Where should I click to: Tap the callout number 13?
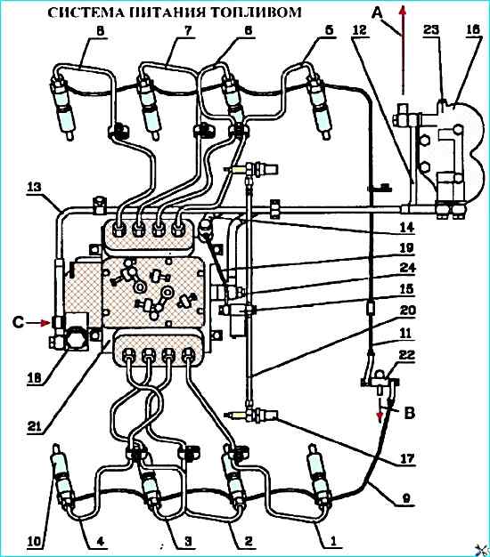tap(34, 188)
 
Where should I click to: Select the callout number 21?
tap(35, 426)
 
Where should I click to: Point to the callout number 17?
tap(407, 459)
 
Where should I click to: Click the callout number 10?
tap(35, 541)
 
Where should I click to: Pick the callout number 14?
tap(407, 227)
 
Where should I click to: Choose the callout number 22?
tap(406, 355)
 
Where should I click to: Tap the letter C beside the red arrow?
tap(19, 323)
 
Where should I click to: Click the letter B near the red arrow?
tap(410, 413)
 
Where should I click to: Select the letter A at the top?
tap(378, 13)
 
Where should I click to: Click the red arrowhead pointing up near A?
tap(402, 12)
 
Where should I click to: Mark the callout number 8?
tap(101, 31)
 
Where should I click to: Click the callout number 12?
tap(360, 30)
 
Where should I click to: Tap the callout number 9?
tap(406, 498)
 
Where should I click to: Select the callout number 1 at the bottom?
tap(333, 541)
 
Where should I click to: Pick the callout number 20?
tap(407, 311)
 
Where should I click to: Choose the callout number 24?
tap(407, 267)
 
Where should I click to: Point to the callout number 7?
tap(188, 31)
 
